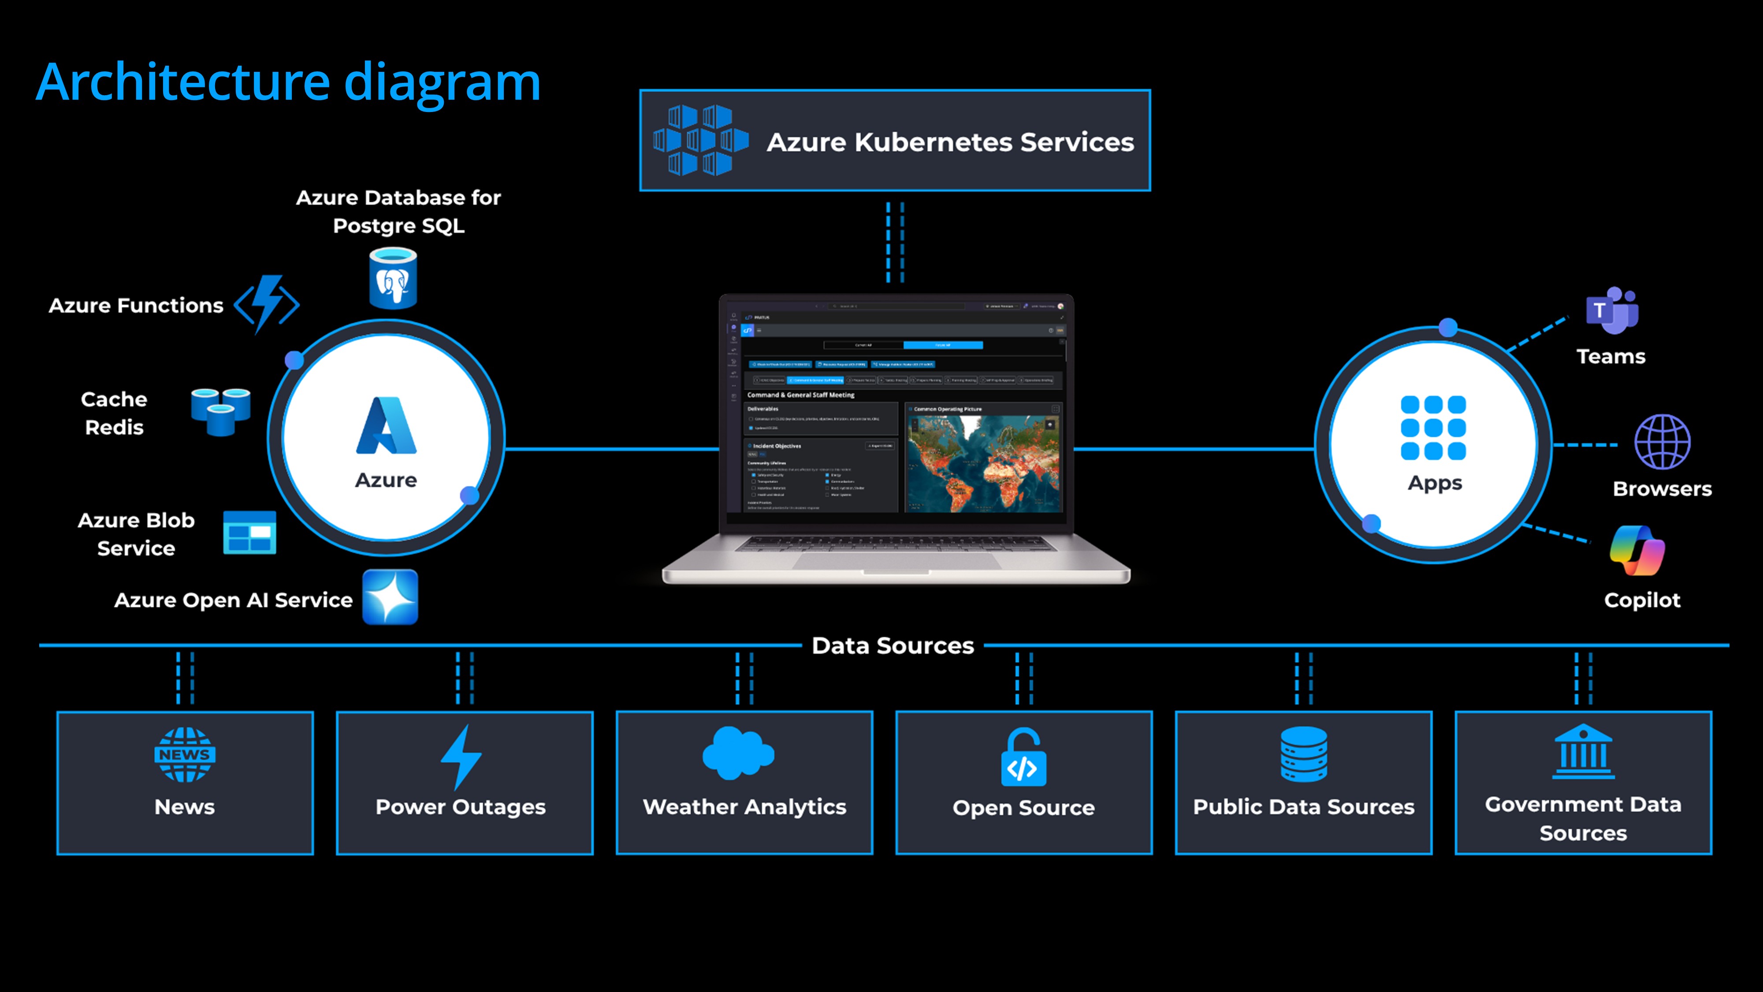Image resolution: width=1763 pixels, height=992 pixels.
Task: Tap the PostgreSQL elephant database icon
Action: click(x=393, y=279)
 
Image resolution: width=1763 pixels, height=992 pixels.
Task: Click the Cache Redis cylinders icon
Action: click(x=220, y=411)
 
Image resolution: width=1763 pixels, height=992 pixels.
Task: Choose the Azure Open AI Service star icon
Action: click(x=390, y=597)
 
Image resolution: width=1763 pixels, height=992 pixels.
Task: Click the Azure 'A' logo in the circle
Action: click(x=386, y=426)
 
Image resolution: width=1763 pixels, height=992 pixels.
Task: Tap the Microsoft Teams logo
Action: click(x=1612, y=311)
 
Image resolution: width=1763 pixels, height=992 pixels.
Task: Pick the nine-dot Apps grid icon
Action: click(x=1433, y=428)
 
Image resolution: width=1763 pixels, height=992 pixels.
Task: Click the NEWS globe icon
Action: click(x=185, y=754)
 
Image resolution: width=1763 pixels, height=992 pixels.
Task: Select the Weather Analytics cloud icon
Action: click(x=738, y=753)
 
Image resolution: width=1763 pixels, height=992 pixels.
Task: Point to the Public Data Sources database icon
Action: click(x=1303, y=754)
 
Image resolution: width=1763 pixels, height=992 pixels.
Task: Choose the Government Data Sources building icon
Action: click(x=1583, y=753)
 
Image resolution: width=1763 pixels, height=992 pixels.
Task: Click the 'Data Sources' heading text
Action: click(x=893, y=645)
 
